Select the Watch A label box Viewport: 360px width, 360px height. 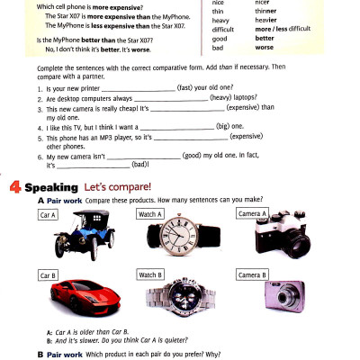click(x=149, y=215)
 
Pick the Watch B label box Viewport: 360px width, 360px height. click(x=149, y=274)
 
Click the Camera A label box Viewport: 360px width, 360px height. click(x=252, y=214)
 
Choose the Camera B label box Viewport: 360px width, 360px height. click(x=252, y=274)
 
